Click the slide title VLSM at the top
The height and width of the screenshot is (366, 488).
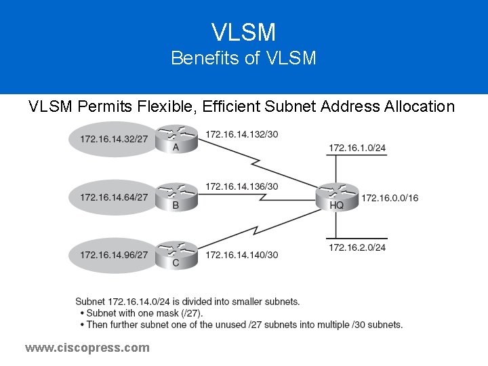(243, 32)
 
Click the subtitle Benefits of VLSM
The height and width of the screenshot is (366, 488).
(243, 58)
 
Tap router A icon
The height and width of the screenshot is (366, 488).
(176, 139)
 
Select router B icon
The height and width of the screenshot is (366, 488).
(176, 196)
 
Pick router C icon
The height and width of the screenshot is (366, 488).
(176, 253)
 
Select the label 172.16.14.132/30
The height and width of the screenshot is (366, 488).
(241, 134)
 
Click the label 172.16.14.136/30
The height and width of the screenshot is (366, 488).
(241, 186)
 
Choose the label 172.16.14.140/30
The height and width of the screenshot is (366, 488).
(241, 255)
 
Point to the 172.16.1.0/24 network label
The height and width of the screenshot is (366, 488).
(357, 148)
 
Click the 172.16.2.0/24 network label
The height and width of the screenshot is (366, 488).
(357, 247)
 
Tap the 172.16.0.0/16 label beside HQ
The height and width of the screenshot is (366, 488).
(390, 198)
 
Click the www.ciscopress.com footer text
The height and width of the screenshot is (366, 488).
(87, 348)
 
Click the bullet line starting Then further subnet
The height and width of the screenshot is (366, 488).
(244, 325)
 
